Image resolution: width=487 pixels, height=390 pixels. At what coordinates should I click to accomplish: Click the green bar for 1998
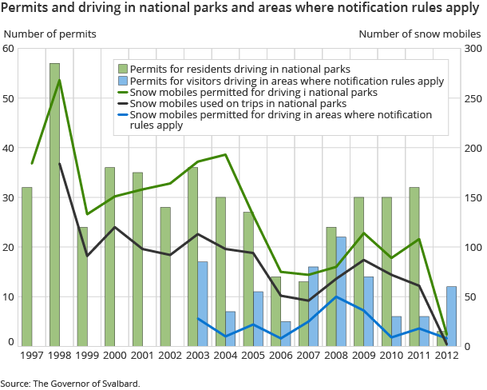[x=54, y=204]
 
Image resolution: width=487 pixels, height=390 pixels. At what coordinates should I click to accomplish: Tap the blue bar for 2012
[x=452, y=316]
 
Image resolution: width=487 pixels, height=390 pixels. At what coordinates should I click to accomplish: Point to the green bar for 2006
[x=275, y=311]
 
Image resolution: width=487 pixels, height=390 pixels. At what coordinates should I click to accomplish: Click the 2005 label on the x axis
[x=253, y=355]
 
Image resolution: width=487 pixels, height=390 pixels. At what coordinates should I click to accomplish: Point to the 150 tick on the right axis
[x=470, y=197]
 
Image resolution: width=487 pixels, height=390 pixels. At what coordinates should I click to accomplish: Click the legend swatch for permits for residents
[x=121, y=70]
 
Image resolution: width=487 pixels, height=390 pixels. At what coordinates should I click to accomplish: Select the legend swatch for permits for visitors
[x=121, y=81]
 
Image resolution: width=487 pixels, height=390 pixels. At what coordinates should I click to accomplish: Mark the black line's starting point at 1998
[x=60, y=163]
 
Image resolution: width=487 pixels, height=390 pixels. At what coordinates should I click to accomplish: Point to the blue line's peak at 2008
[x=336, y=296]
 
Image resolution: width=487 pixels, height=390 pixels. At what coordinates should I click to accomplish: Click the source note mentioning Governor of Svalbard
[x=70, y=384]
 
